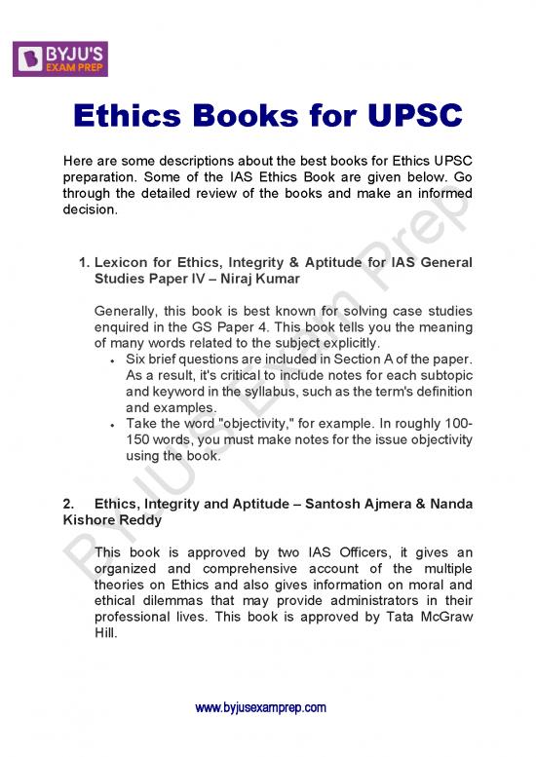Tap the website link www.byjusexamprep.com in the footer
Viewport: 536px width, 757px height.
pos(260,707)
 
